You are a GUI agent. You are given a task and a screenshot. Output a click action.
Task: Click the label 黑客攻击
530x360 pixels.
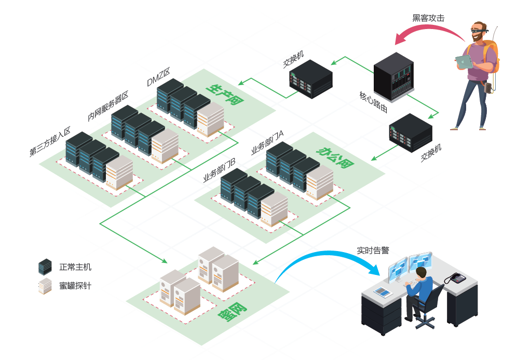click(x=428, y=18)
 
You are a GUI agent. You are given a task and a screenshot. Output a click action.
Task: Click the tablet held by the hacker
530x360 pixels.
click(x=464, y=62)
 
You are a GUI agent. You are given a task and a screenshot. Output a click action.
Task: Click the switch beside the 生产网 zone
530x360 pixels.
click(x=310, y=79)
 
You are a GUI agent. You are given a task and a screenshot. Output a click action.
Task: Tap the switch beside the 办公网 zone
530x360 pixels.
click(x=410, y=133)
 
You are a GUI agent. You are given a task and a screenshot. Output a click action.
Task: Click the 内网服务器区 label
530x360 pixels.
click(x=108, y=107)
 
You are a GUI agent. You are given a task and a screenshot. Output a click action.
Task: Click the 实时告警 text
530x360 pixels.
click(x=373, y=250)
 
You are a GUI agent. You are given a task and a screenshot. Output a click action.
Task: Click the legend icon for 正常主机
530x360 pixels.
click(x=45, y=267)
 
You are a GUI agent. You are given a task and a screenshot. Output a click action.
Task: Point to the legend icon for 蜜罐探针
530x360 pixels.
click(x=45, y=286)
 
